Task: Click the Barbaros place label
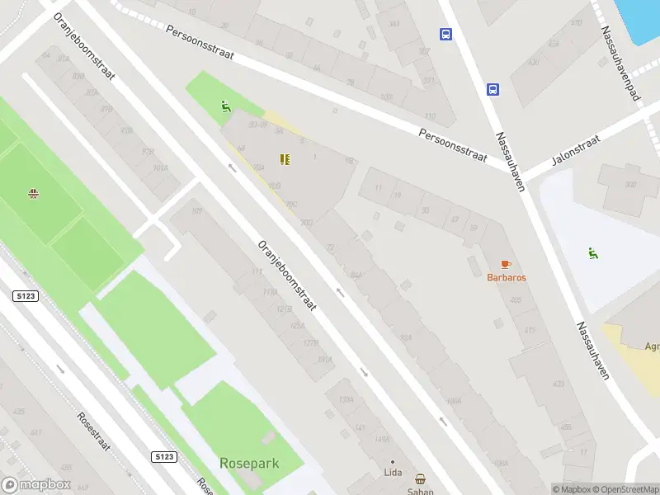pyautogui.click(x=506, y=277)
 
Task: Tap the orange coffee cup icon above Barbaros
pyautogui.click(x=506, y=264)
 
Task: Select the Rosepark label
pyautogui.click(x=249, y=464)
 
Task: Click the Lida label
pyautogui.click(x=393, y=474)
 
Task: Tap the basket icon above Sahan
pyautogui.click(x=420, y=479)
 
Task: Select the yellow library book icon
pyautogui.click(x=285, y=159)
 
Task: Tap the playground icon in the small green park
pyautogui.click(x=225, y=106)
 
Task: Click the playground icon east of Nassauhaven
pyautogui.click(x=592, y=253)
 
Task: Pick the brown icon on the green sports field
pyautogui.click(x=34, y=194)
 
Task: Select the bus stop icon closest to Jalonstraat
pyautogui.click(x=493, y=89)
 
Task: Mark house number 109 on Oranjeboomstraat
pyautogui.click(x=196, y=211)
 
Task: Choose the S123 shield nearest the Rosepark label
pyautogui.click(x=164, y=456)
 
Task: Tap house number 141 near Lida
pyautogui.click(x=360, y=427)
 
